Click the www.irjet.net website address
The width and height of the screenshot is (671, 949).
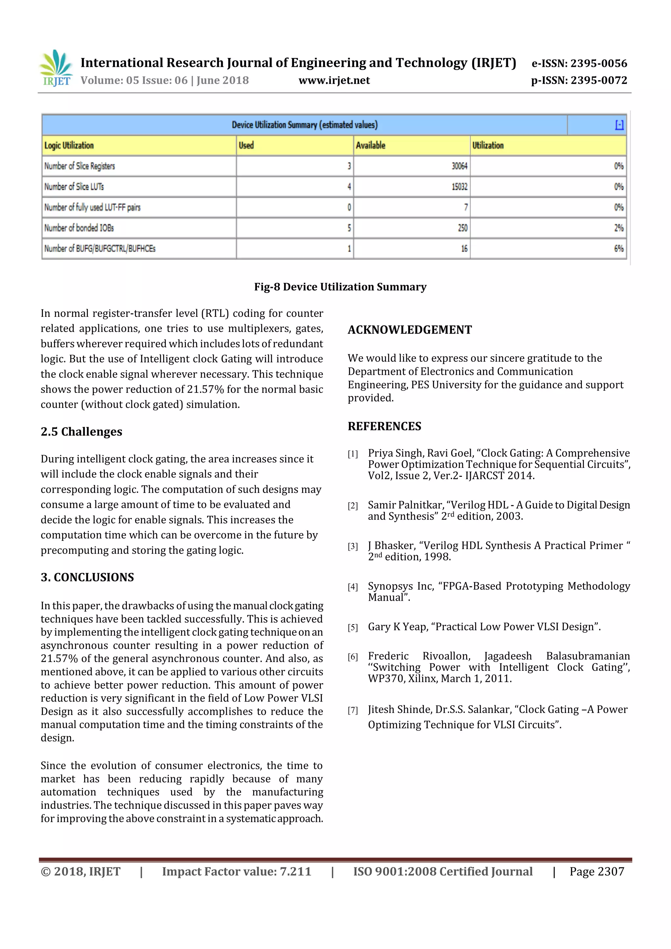[x=334, y=80]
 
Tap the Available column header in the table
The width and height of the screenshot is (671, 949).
[x=371, y=145]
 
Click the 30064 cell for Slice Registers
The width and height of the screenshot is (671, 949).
[x=459, y=166]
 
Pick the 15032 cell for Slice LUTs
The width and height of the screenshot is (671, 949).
[x=459, y=187]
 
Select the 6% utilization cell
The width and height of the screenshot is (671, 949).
[x=618, y=248]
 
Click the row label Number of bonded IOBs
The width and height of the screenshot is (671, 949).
[x=79, y=228]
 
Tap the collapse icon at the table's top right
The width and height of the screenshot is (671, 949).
[x=619, y=125]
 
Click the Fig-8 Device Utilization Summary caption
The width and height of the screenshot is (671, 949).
[x=340, y=287]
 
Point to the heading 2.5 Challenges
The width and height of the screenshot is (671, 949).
[x=81, y=432]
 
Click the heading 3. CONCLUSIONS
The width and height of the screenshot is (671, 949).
[x=87, y=577]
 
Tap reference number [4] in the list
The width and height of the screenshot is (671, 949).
[x=353, y=587]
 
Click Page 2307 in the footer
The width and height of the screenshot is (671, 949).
[x=597, y=871]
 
